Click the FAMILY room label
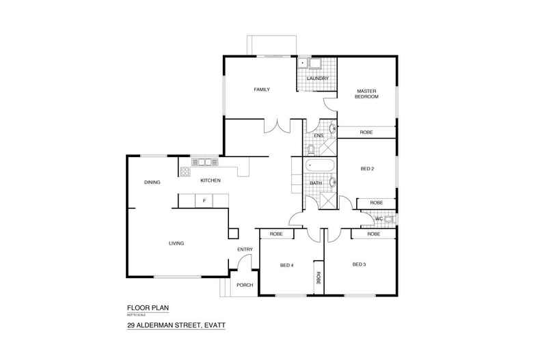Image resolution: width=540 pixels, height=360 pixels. coord(262,89)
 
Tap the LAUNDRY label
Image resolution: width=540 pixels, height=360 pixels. coord(318,79)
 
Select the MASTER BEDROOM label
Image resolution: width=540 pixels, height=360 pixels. coord(366,94)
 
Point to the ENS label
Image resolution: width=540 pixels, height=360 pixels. coord(319,135)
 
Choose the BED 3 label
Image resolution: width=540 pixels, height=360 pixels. coord(360,264)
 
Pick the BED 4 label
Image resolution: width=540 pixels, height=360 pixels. coord(288,265)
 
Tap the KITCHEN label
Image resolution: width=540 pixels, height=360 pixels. coord(210,180)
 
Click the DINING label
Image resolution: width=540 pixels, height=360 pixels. coord(152,182)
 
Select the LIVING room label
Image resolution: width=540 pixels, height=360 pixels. coord(178,243)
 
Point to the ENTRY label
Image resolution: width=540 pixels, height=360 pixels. coord(245,249)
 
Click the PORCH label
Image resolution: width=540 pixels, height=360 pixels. coord(245,285)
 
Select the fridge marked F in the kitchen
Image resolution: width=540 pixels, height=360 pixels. coord(204,200)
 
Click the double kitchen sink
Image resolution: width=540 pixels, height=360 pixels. coord(204,163)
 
